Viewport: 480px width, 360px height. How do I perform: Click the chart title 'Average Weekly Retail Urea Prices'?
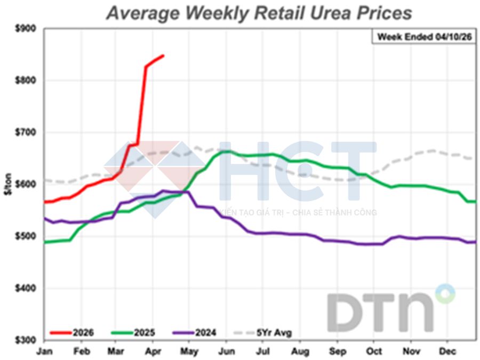[259, 13]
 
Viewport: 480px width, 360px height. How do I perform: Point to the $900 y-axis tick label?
[25, 29]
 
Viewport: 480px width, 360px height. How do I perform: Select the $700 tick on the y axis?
[25, 133]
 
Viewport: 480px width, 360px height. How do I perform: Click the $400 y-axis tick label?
[25, 289]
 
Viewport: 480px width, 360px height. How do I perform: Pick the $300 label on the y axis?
[25, 340]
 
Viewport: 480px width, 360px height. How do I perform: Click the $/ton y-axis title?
[7, 184]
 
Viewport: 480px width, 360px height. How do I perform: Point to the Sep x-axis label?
[337, 351]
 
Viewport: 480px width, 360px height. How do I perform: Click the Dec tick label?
[447, 351]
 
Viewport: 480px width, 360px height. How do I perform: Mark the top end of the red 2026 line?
[163, 55]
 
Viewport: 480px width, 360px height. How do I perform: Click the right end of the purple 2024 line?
[475, 242]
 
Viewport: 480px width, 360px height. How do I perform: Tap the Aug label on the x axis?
[301, 351]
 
